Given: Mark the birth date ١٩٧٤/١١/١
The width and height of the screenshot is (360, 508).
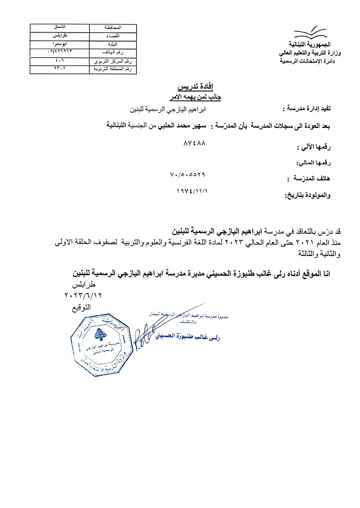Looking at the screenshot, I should [x=191, y=190].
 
